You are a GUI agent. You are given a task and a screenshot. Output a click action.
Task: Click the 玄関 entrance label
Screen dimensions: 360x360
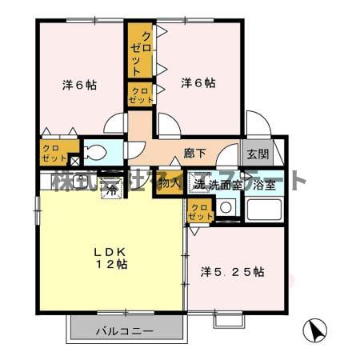(258, 154)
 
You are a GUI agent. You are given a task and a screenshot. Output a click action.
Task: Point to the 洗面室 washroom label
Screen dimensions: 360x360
(224, 183)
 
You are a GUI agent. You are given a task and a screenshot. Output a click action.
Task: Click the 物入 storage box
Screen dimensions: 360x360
(170, 183)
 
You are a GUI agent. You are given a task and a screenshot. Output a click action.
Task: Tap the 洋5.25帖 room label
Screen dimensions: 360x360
(232, 273)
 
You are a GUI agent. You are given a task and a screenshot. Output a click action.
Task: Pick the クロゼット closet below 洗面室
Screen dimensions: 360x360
(199, 211)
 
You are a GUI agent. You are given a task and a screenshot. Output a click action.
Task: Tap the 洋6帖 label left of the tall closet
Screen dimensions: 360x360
(80, 83)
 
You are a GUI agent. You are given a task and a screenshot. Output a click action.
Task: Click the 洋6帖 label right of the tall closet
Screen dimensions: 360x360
(198, 82)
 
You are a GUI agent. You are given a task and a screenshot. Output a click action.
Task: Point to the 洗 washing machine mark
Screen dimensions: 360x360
(198, 183)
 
